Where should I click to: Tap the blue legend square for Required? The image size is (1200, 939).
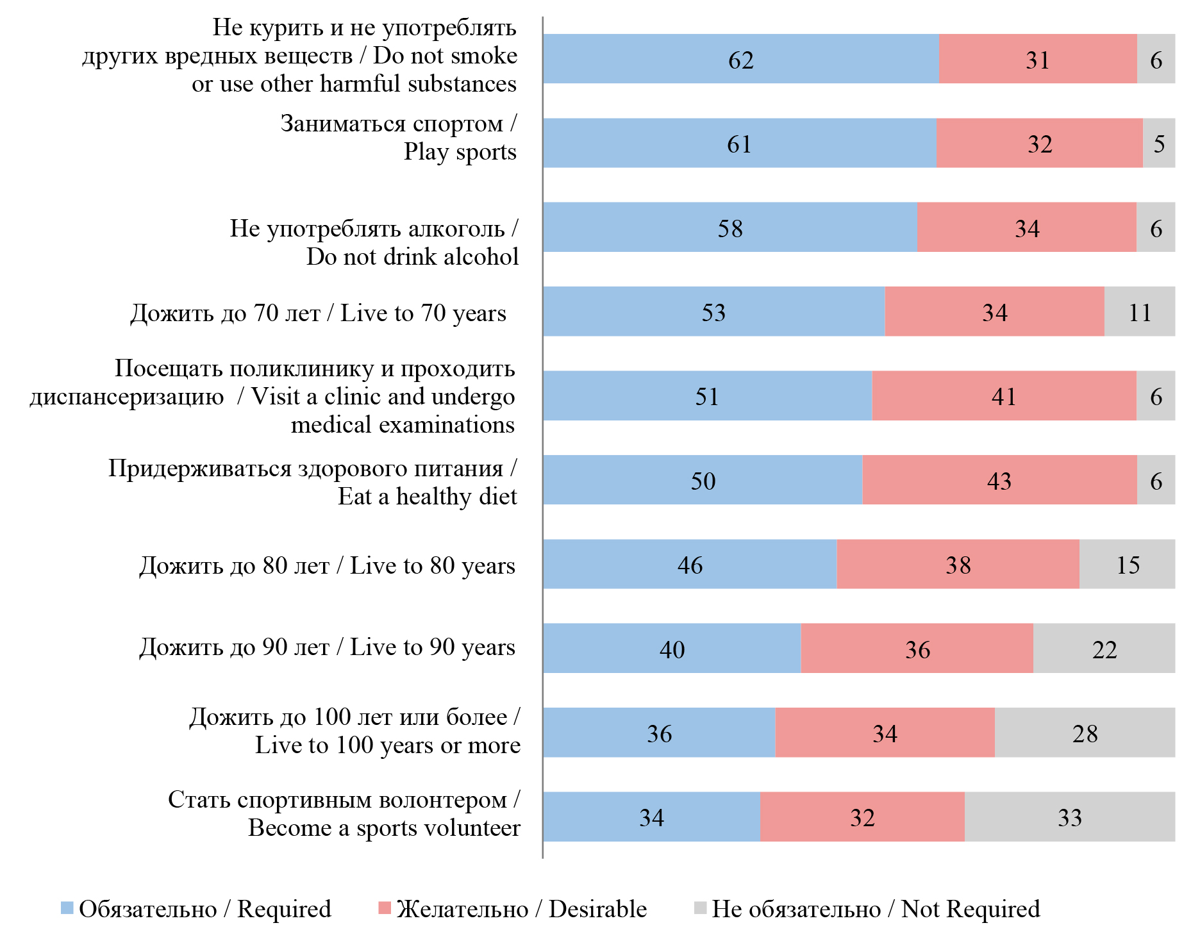tap(67, 908)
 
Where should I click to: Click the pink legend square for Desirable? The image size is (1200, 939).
tap(385, 908)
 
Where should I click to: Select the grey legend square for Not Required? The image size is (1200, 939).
tap(700, 908)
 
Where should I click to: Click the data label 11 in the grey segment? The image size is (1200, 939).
tap(1140, 313)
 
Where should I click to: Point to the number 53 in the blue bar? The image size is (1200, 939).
tap(713, 313)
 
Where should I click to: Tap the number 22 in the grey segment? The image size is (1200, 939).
tap(1104, 649)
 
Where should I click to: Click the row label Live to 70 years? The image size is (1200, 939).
tap(319, 313)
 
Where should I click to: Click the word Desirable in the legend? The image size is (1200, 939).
tap(597, 909)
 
